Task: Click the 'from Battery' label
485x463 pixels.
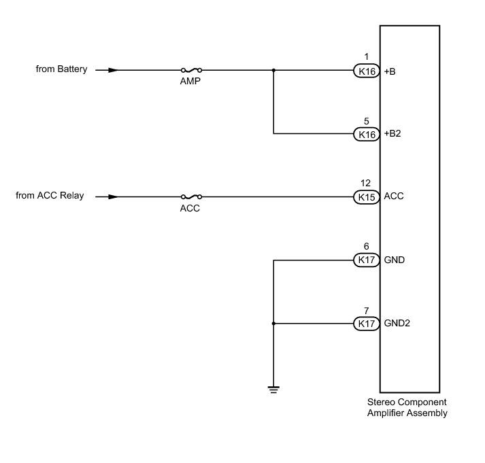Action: pyautogui.click(x=63, y=69)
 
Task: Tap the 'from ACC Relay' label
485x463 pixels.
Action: pyautogui.click(x=50, y=196)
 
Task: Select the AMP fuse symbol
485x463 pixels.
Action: pyautogui.click(x=191, y=70)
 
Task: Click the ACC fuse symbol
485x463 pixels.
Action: pyautogui.click(x=191, y=197)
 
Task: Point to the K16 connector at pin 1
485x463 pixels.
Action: pyautogui.click(x=367, y=70)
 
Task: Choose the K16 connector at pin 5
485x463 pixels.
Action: pyautogui.click(x=367, y=134)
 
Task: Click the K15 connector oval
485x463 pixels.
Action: pyautogui.click(x=367, y=197)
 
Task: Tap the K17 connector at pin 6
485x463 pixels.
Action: pyautogui.click(x=367, y=260)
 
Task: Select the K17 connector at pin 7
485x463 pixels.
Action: pyautogui.click(x=367, y=324)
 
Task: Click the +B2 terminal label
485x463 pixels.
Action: pyautogui.click(x=392, y=134)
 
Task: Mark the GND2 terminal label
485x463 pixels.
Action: pyautogui.click(x=397, y=324)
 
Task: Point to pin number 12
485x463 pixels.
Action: pyautogui.click(x=366, y=184)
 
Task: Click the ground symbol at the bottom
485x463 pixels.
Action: pyautogui.click(x=273, y=389)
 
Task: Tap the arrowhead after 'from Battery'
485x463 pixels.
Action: pyautogui.click(x=113, y=70)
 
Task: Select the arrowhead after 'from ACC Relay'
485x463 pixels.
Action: pyautogui.click(x=113, y=197)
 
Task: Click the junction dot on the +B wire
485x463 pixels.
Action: pyautogui.click(x=273, y=70)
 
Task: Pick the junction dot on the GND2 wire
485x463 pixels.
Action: pyautogui.click(x=273, y=324)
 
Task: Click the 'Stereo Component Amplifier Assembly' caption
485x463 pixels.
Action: pyautogui.click(x=407, y=408)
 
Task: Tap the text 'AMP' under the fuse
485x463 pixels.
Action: pyautogui.click(x=191, y=82)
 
